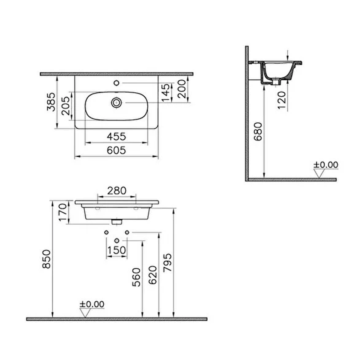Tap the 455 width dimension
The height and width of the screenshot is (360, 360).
coord(116,137)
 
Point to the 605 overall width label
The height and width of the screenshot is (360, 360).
coord(116,150)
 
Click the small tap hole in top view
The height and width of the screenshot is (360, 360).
coord(116,83)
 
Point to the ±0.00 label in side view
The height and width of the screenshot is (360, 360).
coord(326,165)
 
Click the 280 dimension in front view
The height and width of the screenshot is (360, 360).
coord(116,190)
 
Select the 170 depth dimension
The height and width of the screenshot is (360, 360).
coord(63,212)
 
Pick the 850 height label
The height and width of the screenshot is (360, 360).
coord(47,259)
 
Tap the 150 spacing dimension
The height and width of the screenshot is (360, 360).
coord(116,250)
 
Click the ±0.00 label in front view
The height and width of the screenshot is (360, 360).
coord(92,304)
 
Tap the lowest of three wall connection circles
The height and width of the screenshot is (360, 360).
coord(116,240)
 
